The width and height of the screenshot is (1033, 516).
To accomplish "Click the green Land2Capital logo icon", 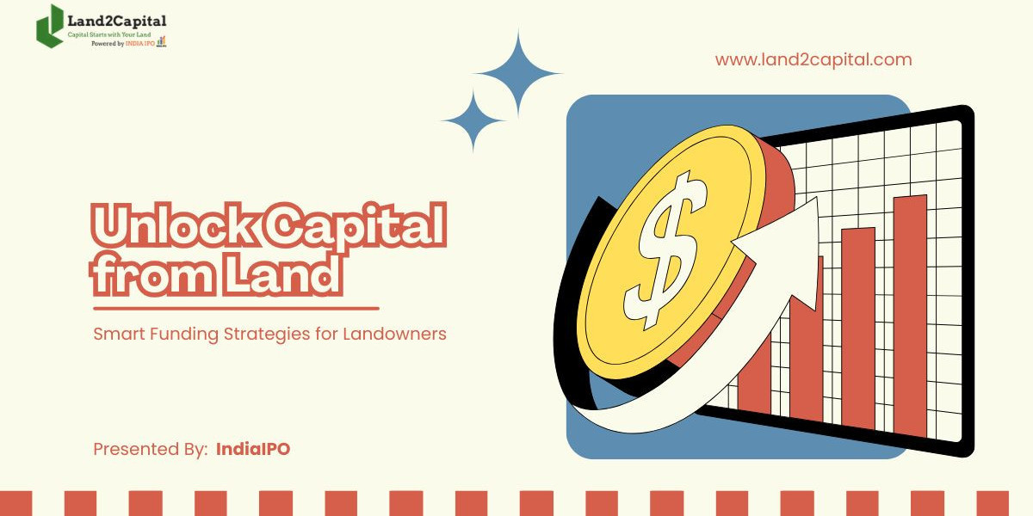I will coord(50,26).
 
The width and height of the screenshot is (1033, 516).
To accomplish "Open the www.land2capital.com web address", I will coord(813,60).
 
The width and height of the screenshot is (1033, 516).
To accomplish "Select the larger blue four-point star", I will coord(518,76).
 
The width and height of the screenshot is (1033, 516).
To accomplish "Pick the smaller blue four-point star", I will coord(473,120).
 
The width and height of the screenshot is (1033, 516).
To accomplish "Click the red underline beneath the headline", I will coord(236,307).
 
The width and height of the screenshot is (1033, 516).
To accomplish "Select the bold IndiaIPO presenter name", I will coord(253,449).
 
